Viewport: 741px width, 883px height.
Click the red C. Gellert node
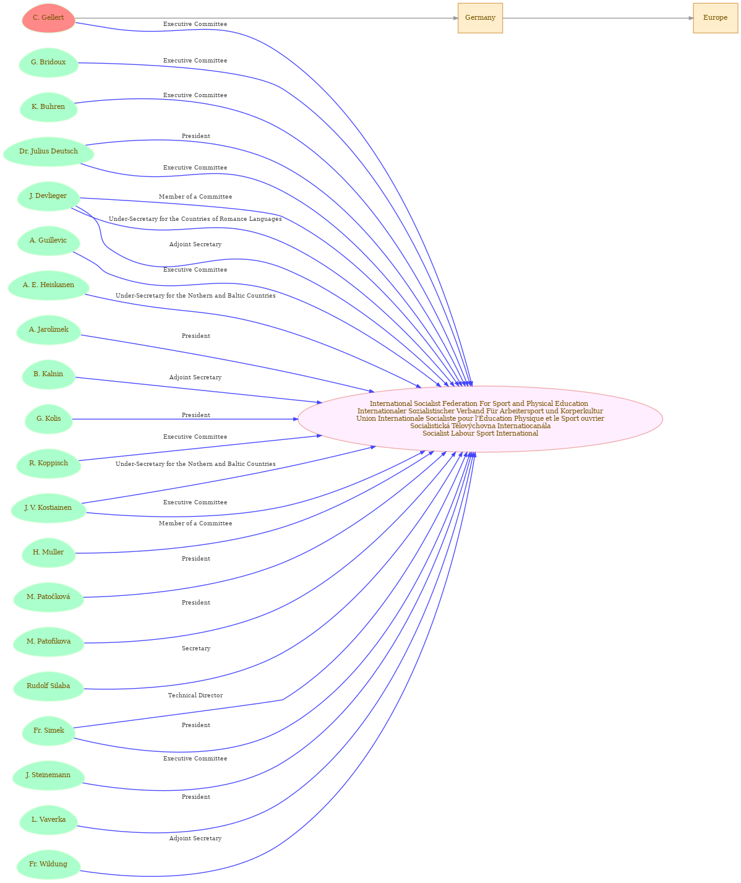[49, 18]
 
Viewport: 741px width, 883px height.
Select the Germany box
[480, 18]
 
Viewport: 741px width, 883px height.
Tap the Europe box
[715, 18]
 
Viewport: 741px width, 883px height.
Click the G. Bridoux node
[49, 62]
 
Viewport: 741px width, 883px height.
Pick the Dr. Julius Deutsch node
[49, 152]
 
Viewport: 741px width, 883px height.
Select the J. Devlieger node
[49, 196]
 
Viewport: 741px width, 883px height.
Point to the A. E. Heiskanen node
[49, 285]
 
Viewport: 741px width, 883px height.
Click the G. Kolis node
[49, 419]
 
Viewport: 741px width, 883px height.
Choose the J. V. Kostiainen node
[49, 508]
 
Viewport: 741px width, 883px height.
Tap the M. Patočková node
[49, 597]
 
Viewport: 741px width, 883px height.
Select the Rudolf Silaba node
[49, 686]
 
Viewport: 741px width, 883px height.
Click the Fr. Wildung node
[49, 864]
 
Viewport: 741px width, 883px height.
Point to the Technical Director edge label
[195, 696]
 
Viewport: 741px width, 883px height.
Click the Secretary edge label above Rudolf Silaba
[195, 648]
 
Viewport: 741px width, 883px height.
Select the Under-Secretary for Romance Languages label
[195, 218]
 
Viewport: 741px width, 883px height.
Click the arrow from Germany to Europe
[598, 18]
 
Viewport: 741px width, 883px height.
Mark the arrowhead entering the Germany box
[455, 18]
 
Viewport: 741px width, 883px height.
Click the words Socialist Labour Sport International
[480, 433]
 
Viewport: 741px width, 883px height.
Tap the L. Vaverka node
[49, 819]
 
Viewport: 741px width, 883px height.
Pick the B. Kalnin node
[49, 374]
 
